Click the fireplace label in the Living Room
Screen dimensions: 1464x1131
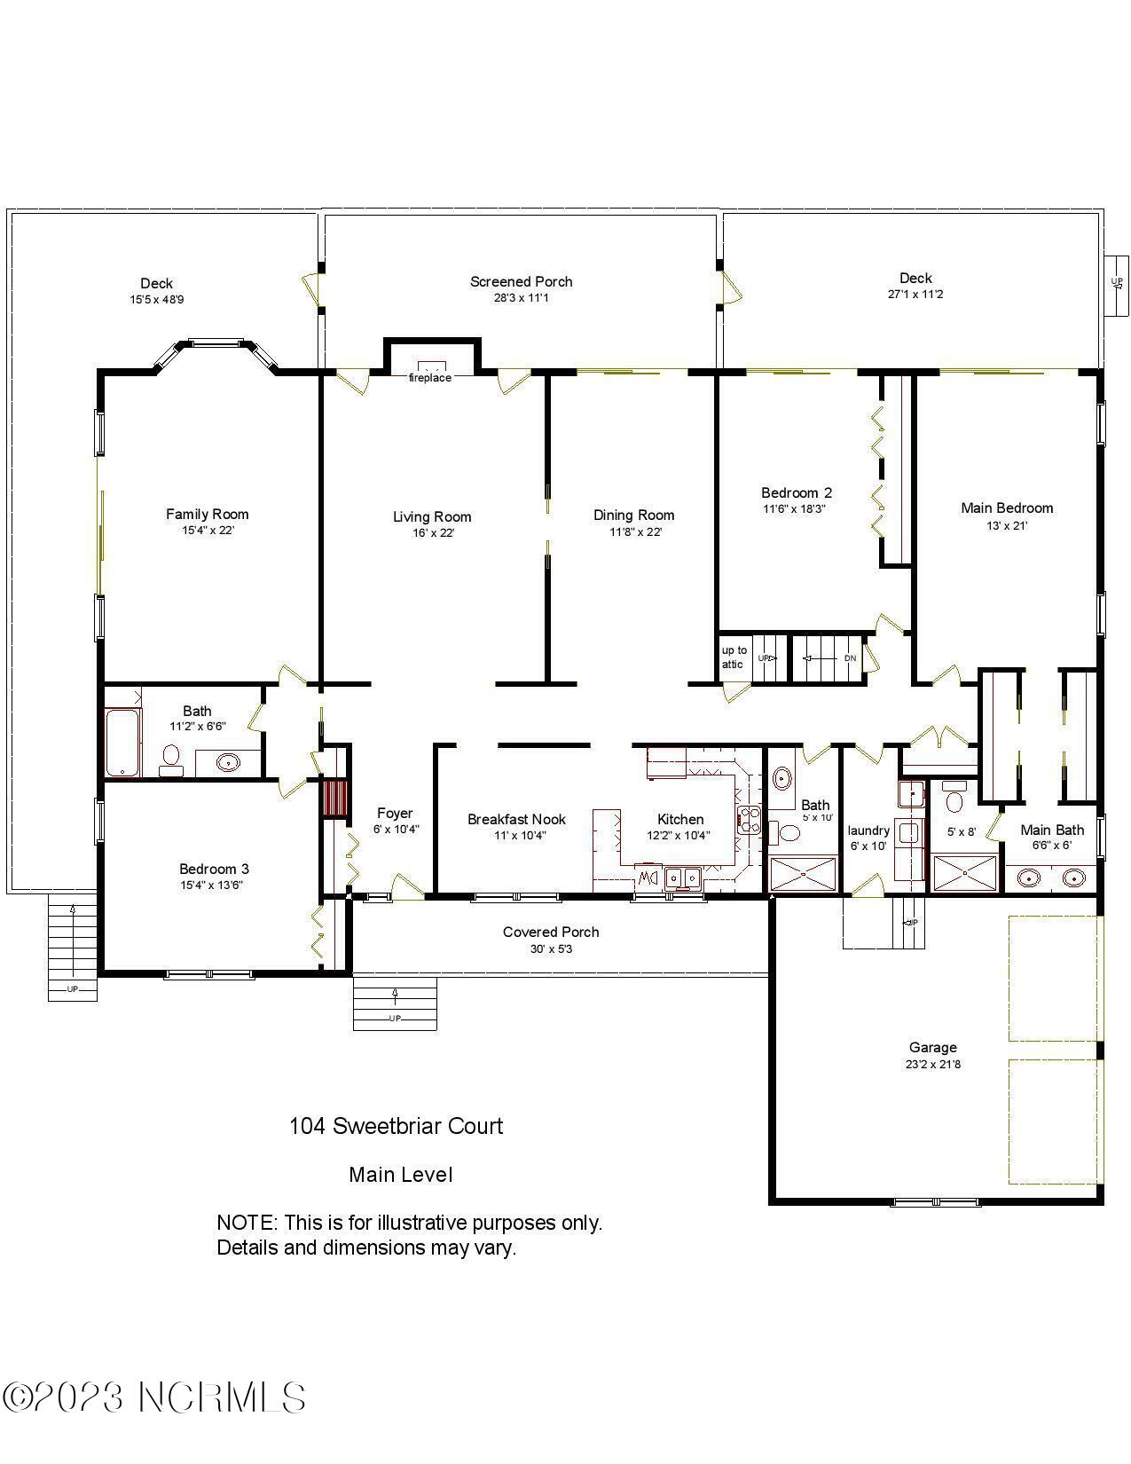[x=429, y=378]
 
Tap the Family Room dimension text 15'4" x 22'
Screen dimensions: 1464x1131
[x=208, y=531]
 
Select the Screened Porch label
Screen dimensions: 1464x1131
[x=521, y=281]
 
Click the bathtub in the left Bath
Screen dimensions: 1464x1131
[x=122, y=743]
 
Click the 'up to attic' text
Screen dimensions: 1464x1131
[x=734, y=657]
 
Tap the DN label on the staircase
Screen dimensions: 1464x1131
[x=850, y=658]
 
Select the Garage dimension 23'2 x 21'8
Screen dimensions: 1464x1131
[x=932, y=1064]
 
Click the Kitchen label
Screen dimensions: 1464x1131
[x=680, y=819]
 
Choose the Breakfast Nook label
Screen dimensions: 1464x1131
[x=516, y=819]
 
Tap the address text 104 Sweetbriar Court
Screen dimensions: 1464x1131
[x=396, y=1126]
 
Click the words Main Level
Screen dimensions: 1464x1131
[x=400, y=1175]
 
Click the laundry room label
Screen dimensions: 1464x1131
[x=868, y=830]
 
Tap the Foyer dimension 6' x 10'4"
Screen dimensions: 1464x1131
[x=395, y=829]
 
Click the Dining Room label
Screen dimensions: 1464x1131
[x=633, y=515]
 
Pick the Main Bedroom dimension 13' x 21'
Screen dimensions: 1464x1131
[x=1007, y=525]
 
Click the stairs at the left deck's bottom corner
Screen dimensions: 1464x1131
[x=72, y=947]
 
